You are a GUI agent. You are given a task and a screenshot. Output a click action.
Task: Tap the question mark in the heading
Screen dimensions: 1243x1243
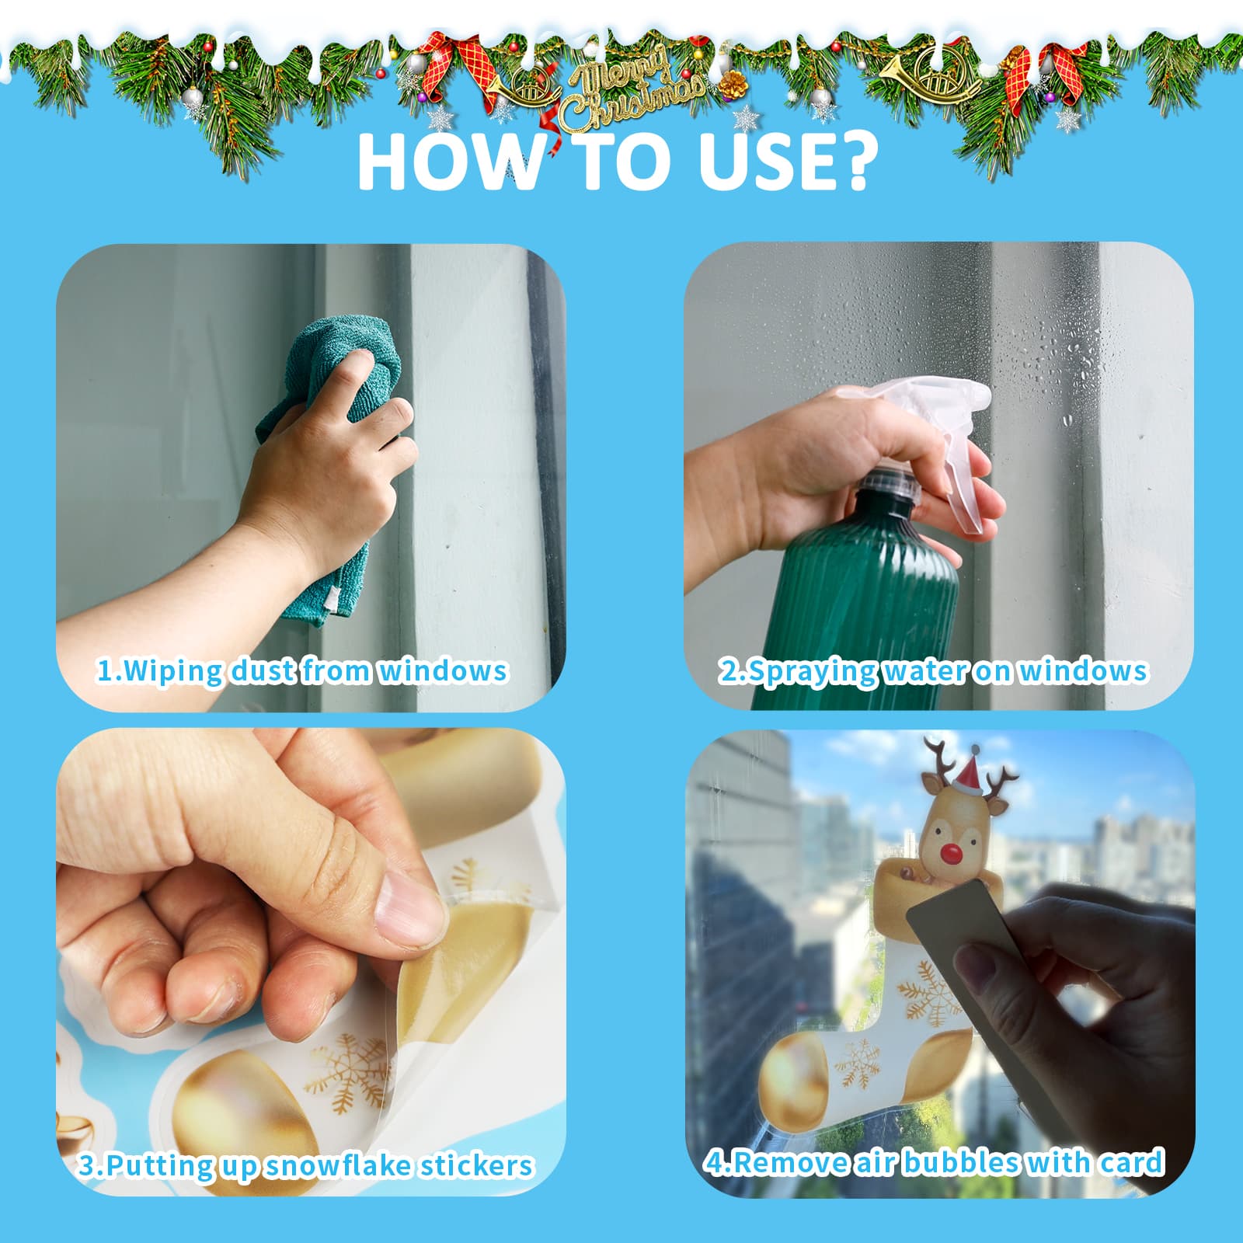tap(850, 161)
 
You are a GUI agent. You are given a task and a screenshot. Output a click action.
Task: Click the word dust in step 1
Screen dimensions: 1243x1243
tap(262, 670)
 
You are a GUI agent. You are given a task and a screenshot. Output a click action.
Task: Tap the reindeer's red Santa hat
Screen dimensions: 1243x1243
tap(971, 769)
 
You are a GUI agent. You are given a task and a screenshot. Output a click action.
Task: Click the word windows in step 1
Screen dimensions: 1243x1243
tap(442, 670)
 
